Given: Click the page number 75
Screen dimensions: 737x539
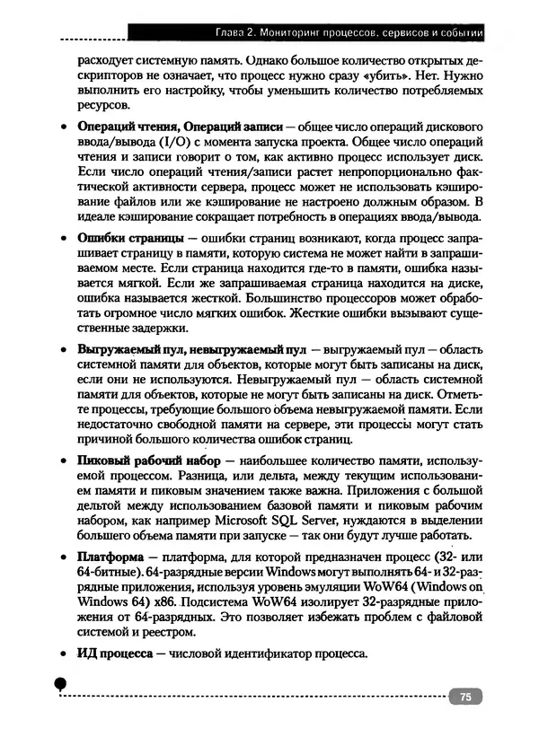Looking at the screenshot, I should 465,697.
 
